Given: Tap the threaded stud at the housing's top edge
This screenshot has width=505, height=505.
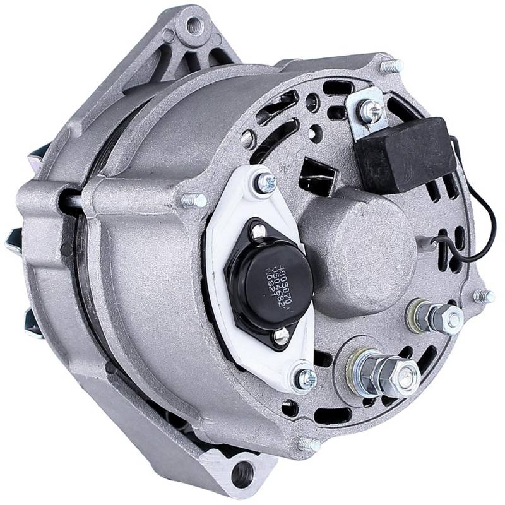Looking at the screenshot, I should coord(393,65).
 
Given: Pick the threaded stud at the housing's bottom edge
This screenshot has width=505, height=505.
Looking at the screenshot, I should coord(309,444).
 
